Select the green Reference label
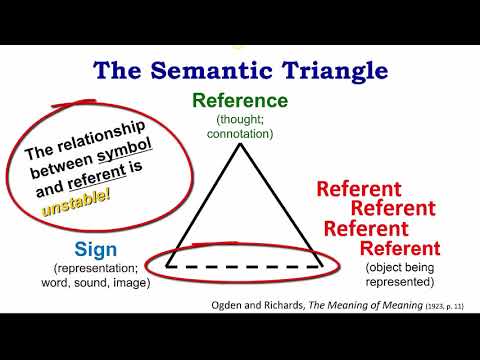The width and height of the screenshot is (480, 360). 240,101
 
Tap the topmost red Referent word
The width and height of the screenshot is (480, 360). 358,189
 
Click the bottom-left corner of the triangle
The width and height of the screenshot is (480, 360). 167,266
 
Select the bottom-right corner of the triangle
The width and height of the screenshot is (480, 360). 319,266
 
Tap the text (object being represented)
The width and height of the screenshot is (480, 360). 399,274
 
